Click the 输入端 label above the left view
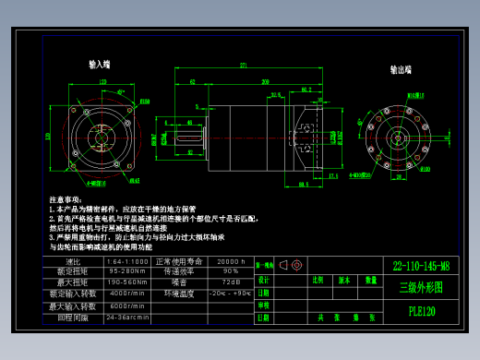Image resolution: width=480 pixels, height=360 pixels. [x=100, y=65]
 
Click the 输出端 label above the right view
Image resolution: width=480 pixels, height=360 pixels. [x=401, y=69]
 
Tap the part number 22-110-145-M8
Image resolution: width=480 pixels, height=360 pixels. [x=421, y=266]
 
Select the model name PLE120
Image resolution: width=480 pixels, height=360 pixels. [x=421, y=311]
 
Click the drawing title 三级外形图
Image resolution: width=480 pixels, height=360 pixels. [x=421, y=287]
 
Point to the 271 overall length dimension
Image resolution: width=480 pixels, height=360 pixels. [x=244, y=66]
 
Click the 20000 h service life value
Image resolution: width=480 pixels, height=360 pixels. [x=231, y=262]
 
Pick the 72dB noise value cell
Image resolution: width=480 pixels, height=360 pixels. [x=231, y=282]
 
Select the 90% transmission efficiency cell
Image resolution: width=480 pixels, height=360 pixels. [x=231, y=272]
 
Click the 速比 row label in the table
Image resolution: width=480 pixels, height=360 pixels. [x=73, y=262]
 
